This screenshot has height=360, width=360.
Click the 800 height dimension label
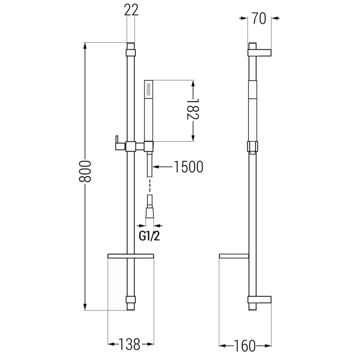[85, 171]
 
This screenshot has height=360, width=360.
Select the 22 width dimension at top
[131, 10]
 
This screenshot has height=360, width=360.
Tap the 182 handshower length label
[193, 109]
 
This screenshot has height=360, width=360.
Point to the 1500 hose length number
[189, 166]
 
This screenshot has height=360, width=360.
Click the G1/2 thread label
[149, 236]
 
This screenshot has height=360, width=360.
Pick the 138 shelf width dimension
[130, 344]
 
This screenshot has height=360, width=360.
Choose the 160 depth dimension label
[244, 346]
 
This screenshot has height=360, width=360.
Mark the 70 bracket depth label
[259, 18]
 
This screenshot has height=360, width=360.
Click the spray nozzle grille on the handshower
[148, 90]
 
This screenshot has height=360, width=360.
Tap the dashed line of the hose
[150, 186]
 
